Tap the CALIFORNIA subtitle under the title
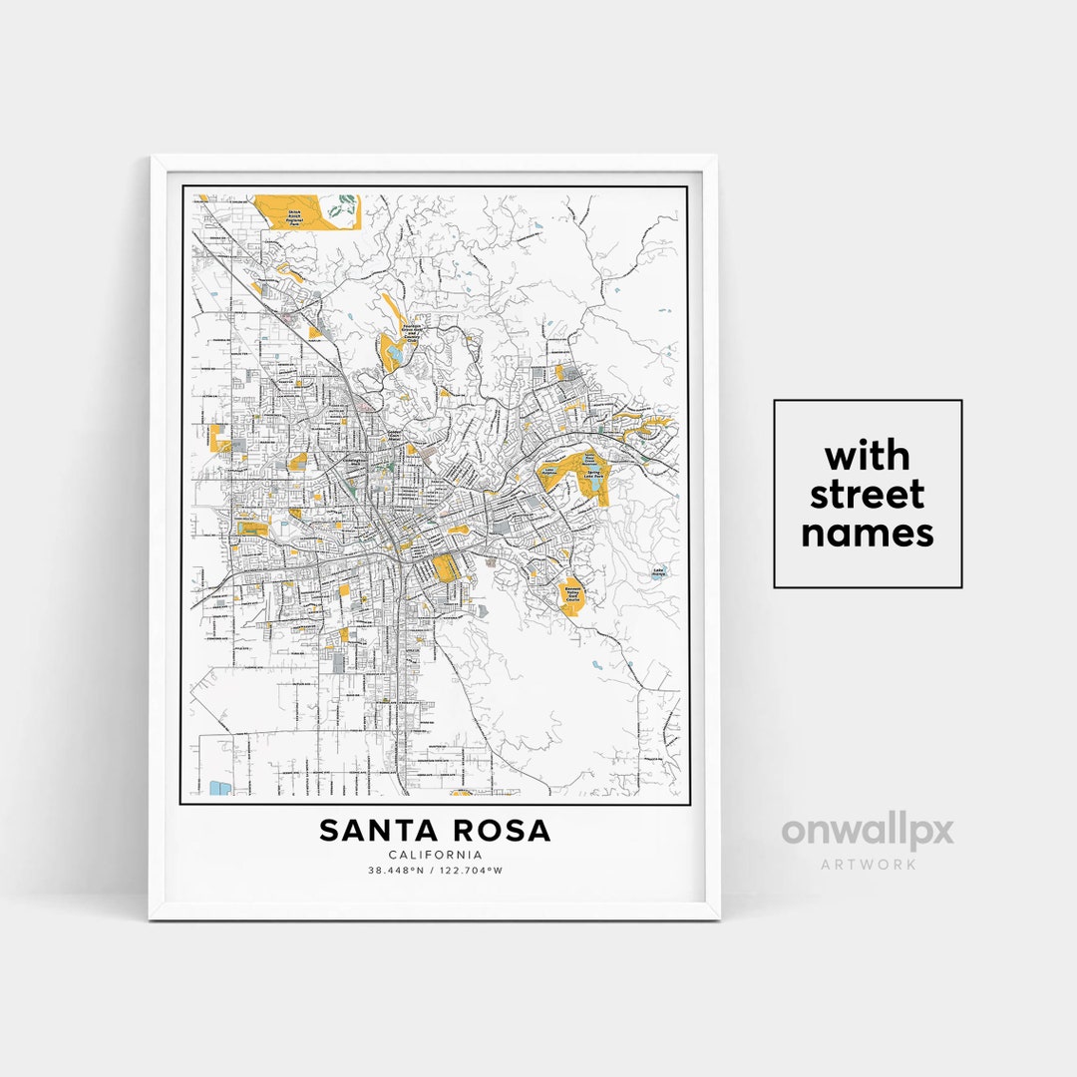(x=435, y=855)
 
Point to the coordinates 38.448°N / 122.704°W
(x=435, y=871)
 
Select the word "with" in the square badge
(x=868, y=457)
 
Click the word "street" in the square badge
(x=868, y=495)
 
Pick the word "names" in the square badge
(x=868, y=533)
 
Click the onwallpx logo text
(x=868, y=831)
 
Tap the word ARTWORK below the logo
(x=868, y=865)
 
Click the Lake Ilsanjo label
(x=658, y=573)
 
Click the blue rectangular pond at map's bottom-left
(x=220, y=788)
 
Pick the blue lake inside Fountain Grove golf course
(x=396, y=351)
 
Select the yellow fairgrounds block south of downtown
(x=444, y=568)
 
